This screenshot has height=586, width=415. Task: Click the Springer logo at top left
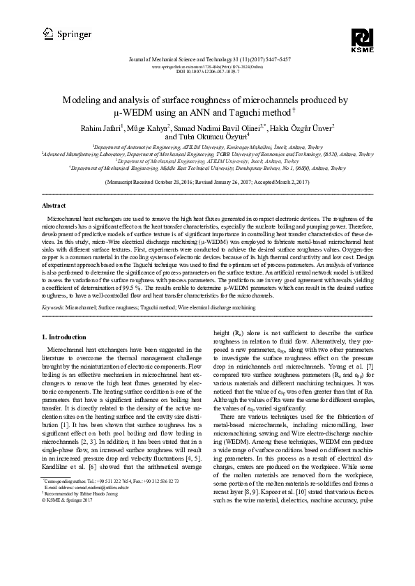click(x=57, y=33)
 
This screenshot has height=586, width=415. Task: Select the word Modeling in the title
click(x=82, y=100)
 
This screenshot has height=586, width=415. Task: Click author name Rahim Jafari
click(x=105, y=128)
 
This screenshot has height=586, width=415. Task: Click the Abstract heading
click(x=54, y=187)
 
